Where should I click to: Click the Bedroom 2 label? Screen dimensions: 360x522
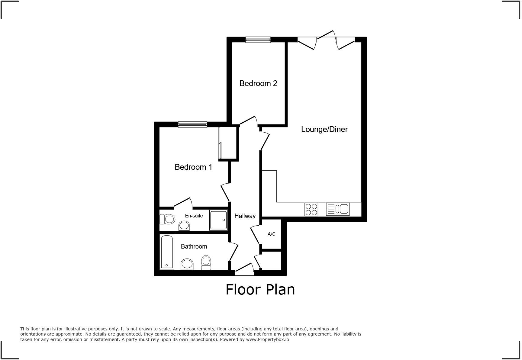point(258,83)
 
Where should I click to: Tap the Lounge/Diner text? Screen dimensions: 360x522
point(324,129)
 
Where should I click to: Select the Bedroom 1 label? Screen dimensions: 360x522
point(193,167)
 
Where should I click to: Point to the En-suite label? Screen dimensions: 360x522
point(194,216)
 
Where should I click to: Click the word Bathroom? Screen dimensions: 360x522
point(194,246)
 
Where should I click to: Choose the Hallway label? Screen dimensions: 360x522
point(245,216)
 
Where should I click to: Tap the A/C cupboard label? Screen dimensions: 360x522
point(271,234)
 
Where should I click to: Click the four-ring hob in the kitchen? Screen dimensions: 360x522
point(311,209)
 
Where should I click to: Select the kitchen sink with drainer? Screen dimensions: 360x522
point(338,209)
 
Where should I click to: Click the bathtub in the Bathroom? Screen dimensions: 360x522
point(166,252)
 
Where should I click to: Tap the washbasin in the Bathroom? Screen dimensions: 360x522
point(187,264)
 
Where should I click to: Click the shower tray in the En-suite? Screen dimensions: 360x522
point(218,220)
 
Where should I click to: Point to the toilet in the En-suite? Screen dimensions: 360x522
point(167,219)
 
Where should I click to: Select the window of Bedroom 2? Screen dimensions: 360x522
point(258,40)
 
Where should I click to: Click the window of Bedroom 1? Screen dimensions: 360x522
point(192,124)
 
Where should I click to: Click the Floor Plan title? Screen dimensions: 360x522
point(260,289)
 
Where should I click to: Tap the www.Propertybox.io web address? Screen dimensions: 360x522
point(267,339)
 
